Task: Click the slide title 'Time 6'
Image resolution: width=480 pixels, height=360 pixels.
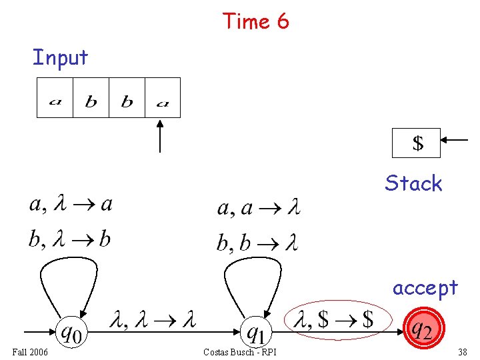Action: [256, 21]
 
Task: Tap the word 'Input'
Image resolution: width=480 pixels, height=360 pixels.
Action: [60, 57]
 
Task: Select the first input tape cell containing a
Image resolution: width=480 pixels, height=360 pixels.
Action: [55, 98]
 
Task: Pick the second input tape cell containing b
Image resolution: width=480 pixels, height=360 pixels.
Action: [91, 98]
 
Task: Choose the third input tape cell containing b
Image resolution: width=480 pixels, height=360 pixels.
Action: [127, 98]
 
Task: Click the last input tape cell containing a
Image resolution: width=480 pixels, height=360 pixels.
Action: [163, 98]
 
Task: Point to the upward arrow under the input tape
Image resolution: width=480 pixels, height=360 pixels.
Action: [160, 137]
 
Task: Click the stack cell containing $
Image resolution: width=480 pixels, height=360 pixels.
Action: [417, 143]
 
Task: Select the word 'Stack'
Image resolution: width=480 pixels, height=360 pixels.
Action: [413, 183]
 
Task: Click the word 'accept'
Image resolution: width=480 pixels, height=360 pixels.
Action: [425, 287]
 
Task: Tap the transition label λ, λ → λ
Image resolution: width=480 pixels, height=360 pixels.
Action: [153, 321]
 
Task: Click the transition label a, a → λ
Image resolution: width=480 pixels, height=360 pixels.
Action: [259, 209]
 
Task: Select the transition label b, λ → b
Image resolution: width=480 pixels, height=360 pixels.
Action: [69, 239]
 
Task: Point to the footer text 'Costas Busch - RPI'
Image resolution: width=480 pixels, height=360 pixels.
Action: [240, 352]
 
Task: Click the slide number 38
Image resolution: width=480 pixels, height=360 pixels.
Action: [462, 352]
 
